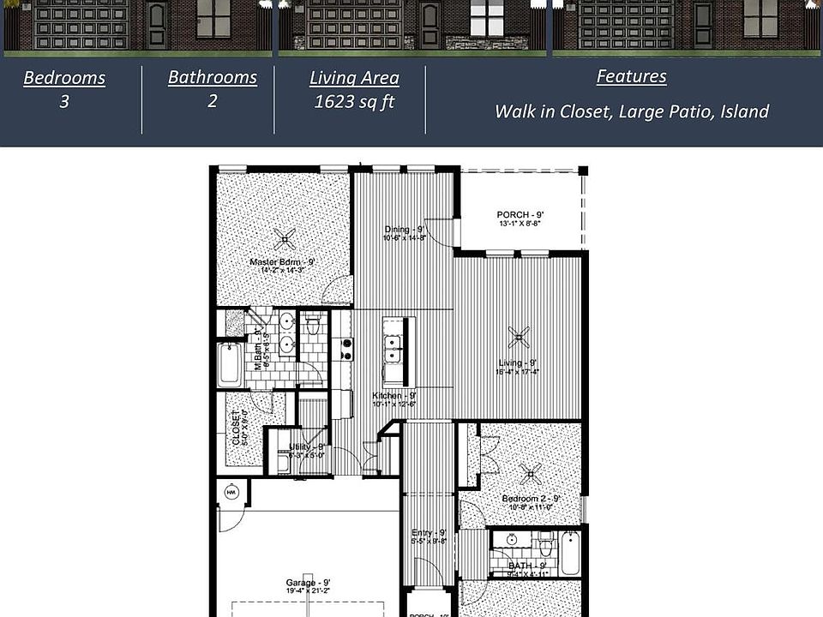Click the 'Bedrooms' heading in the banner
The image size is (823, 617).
64,78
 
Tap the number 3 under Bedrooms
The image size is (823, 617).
64,102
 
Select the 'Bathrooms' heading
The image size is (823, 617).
212,77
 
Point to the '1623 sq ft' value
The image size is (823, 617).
354,102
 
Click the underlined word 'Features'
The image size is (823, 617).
631,76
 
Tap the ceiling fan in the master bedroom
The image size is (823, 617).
284,237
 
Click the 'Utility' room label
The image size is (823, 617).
306,446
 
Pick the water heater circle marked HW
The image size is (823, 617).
231,494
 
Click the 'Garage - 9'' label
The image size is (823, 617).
308,583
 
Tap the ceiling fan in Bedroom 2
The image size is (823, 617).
533,472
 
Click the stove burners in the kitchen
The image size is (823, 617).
347,349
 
